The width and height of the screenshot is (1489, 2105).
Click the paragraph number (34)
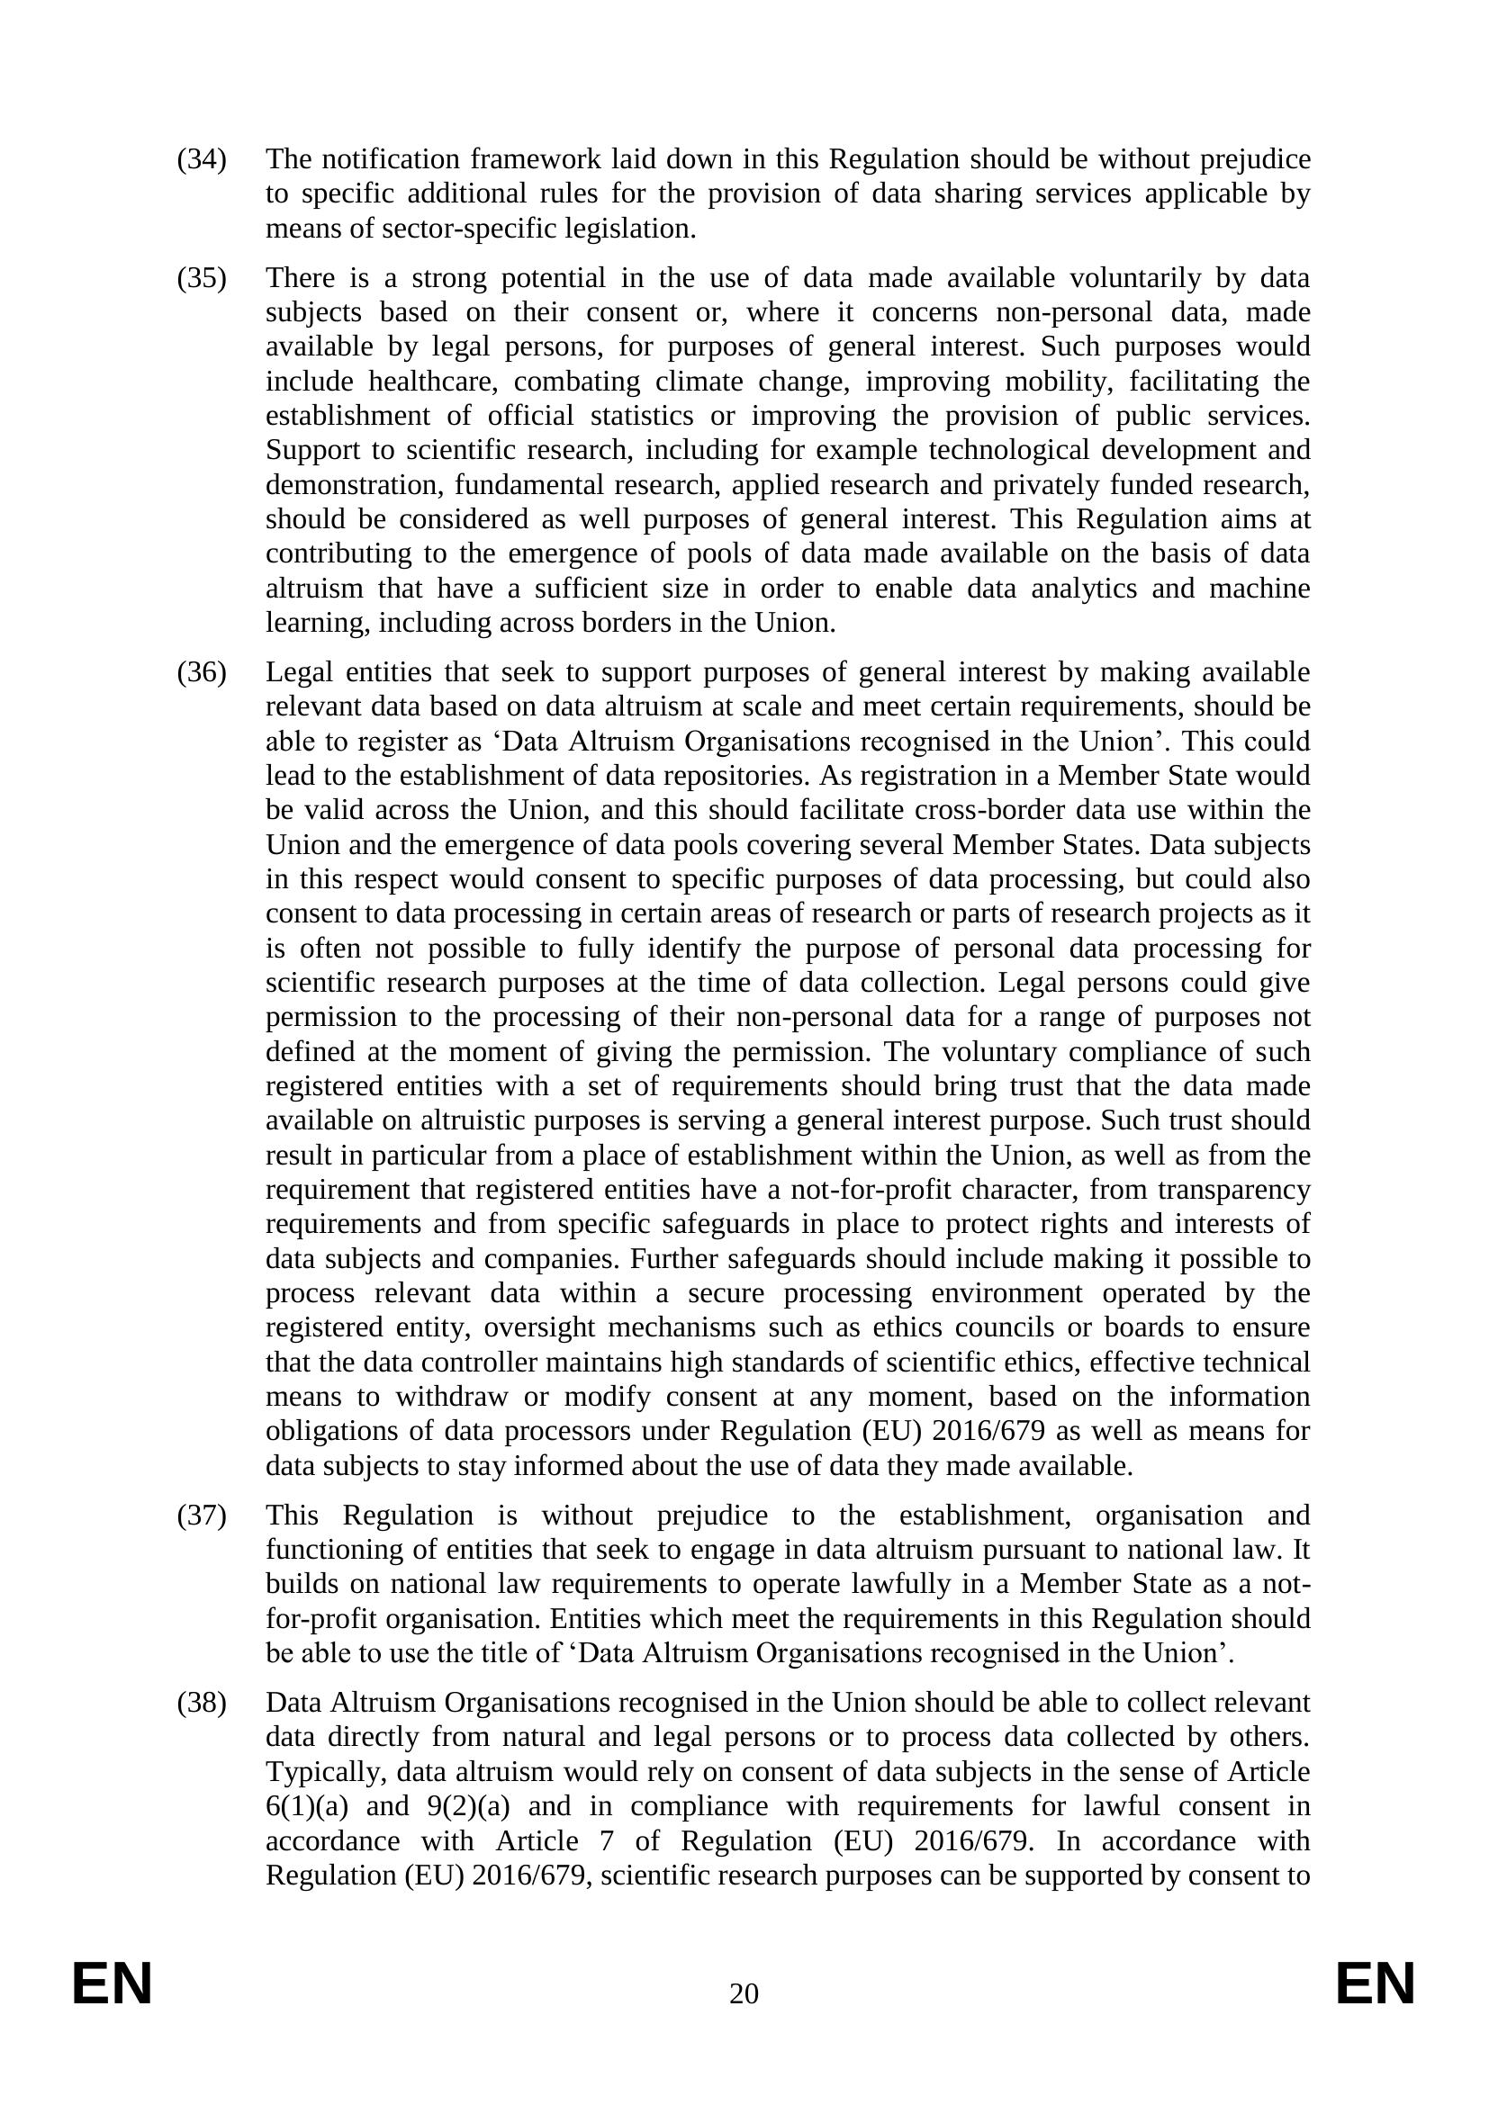(x=201, y=159)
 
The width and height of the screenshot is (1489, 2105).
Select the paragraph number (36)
(x=201, y=672)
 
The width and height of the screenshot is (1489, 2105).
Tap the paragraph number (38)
(x=201, y=1703)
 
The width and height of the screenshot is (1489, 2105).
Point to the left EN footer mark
(x=112, y=1985)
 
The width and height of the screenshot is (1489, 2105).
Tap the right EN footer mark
(x=1376, y=1985)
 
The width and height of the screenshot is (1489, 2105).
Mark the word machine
(x=1259, y=589)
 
